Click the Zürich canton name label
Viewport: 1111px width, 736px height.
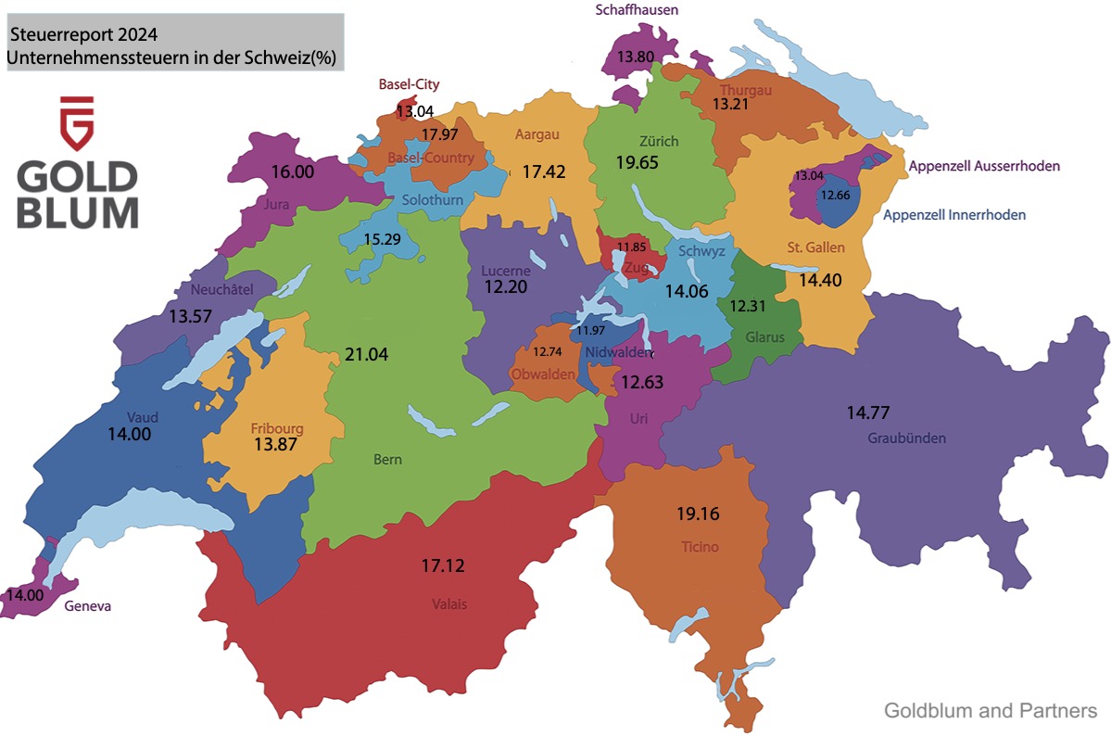pyautogui.click(x=658, y=142)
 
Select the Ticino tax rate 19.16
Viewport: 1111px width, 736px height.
pyautogui.click(x=698, y=514)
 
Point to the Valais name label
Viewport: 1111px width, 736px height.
pyautogui.click(x=449, y=604)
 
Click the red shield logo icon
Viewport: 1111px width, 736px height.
pyautogui.click(x=77, y=122)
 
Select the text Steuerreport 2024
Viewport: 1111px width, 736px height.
pyautogui.click(x=82, y=35)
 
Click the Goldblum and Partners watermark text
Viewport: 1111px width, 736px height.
pyautogui.click(x=991, y=711)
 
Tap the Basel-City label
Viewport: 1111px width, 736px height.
pyautogui.click(x=409, y=84)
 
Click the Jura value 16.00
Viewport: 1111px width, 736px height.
pyautogui.click(x=293, y=171)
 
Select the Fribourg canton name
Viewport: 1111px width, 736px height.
pyautogui.click(x=277, y=429)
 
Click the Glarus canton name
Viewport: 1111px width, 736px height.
pyautogui.click(x=765, y=337)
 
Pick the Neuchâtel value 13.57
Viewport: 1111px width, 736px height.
pyautogui.click(x=192, y=315)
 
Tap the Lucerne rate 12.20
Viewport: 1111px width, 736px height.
pyautogui.click(x=505, y=286)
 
